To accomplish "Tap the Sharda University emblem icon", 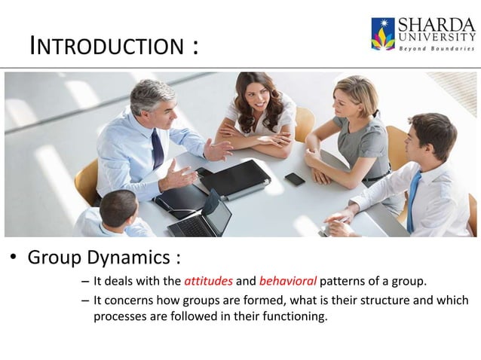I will [382, 34].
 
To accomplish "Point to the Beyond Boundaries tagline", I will [436, 48].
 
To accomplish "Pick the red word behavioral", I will [288, 283].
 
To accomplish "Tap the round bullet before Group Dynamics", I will [13, 259].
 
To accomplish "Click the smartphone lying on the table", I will [295, 179].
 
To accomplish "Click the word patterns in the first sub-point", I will [345, 283].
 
